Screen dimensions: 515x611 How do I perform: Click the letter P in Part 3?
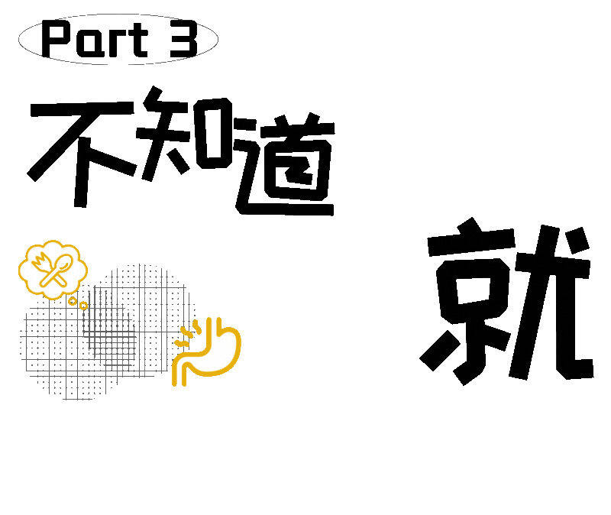tap(57, 40)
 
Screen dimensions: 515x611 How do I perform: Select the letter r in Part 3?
tap(115, 43)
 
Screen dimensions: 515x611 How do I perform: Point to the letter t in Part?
tap(138, 40)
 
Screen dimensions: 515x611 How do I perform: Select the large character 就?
tap(507, 302)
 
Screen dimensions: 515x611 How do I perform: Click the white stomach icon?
tap(209, 352)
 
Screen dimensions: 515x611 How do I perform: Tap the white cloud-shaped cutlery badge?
tap(52, 269)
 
